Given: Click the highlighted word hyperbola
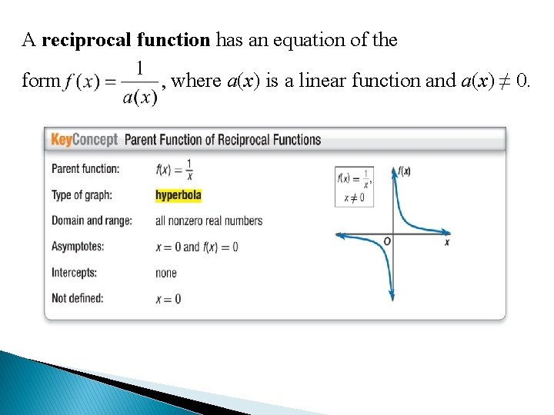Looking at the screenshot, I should pyautogui.click(x=178, y=195).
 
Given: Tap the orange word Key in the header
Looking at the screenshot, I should pyautogui.click(x=62, y=140).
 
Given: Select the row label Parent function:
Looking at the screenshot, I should pyautogui.click(x=85, y=169).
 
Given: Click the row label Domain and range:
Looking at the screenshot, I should pyautogui.click(x=92, y=221).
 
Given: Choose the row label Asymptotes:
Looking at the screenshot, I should pyautogui.click(x=78, y=247).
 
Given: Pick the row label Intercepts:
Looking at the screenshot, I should pyautogui.click(x=75, y=273).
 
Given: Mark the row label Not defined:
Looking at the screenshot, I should pyautogui.click(x=77, y=298).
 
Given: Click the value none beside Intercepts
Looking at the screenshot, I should pyautogui.click(x=165, y=273).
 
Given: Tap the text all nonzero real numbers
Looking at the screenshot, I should pyautogui.click(x=209, y=221).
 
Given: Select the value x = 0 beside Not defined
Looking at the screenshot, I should pyautogui.click(x=169, y=298).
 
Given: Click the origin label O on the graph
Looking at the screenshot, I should pyautogui.click(x=387, y=242).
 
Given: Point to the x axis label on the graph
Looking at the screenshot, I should pyautogui.click(x=447, y=243).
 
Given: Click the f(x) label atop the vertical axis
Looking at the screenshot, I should pyautogui.click(x=404, y=171).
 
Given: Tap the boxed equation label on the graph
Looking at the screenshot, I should pyautogui.click(x=354, y=186).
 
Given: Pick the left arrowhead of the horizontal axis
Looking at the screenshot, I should pyautogui.click(x=339, y=234).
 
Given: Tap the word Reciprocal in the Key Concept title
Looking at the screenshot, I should pyautogui.click(x=244, y=140).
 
